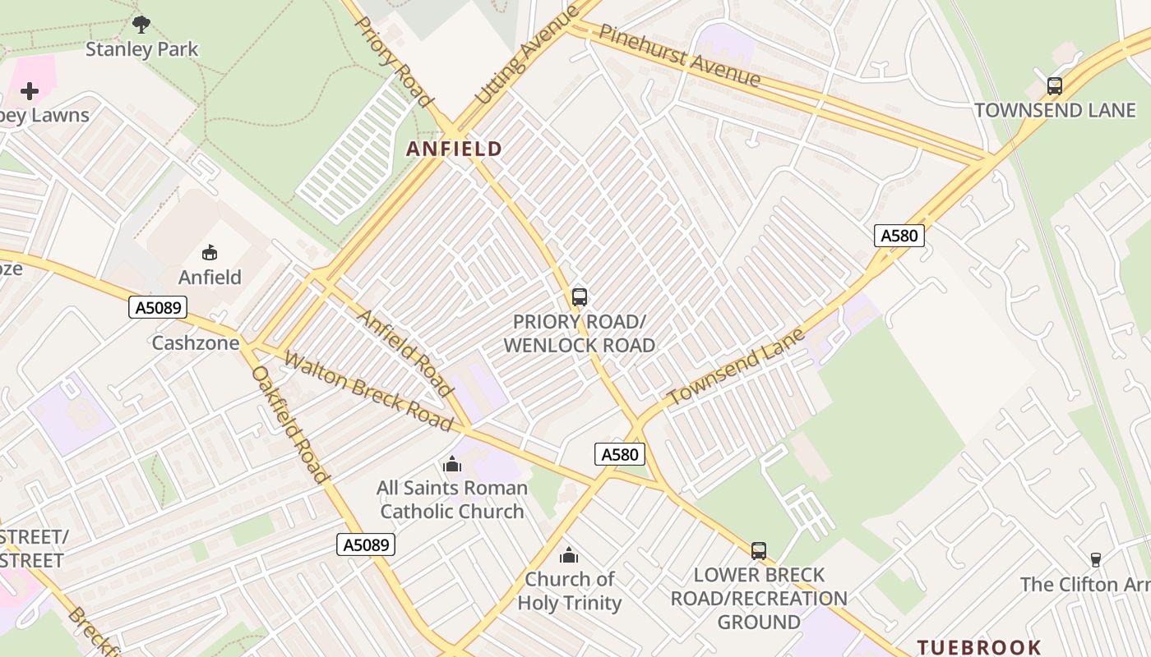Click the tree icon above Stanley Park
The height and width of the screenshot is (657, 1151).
click(141, 24)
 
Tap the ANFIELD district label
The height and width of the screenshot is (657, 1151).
click(454, 149)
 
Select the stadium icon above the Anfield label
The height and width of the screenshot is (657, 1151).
click(210, 252)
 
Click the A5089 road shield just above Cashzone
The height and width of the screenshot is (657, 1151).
click(158, 308)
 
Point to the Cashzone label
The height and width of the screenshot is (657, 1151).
click(195, 342)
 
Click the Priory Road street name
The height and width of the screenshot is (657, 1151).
click(393, 61)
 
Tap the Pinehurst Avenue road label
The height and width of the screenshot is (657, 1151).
click(679, 55)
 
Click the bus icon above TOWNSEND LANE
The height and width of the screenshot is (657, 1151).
click(1054, 85)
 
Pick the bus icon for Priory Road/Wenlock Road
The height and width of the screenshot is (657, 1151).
click(579, 296)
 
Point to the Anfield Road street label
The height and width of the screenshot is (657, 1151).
click(405, 352)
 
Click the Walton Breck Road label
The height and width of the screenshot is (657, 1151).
click(367, 391)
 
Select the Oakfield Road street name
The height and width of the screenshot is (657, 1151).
click(290, 424)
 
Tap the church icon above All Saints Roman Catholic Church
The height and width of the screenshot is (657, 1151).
click(451, 464)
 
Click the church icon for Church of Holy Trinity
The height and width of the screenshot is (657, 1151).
click(568, 555)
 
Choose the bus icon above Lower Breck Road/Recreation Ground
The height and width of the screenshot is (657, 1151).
click(758, 550)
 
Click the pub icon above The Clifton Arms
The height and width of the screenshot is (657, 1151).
click(1095, 560)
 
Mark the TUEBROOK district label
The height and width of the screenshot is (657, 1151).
click(979, 647)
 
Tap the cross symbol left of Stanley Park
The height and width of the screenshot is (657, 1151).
click(30, 90)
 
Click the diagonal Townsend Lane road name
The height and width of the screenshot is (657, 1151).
click(736, 366)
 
